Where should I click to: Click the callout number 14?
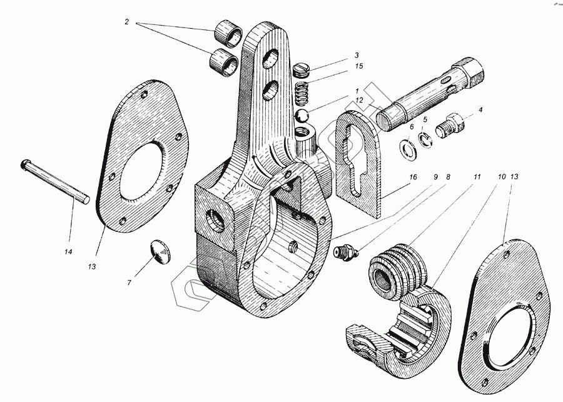coord(68,252)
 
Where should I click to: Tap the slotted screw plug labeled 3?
coord(303,68)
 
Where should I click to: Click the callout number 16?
coord(412,178)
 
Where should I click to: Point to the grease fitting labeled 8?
coord(346,253)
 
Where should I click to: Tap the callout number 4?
coord(480,111)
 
